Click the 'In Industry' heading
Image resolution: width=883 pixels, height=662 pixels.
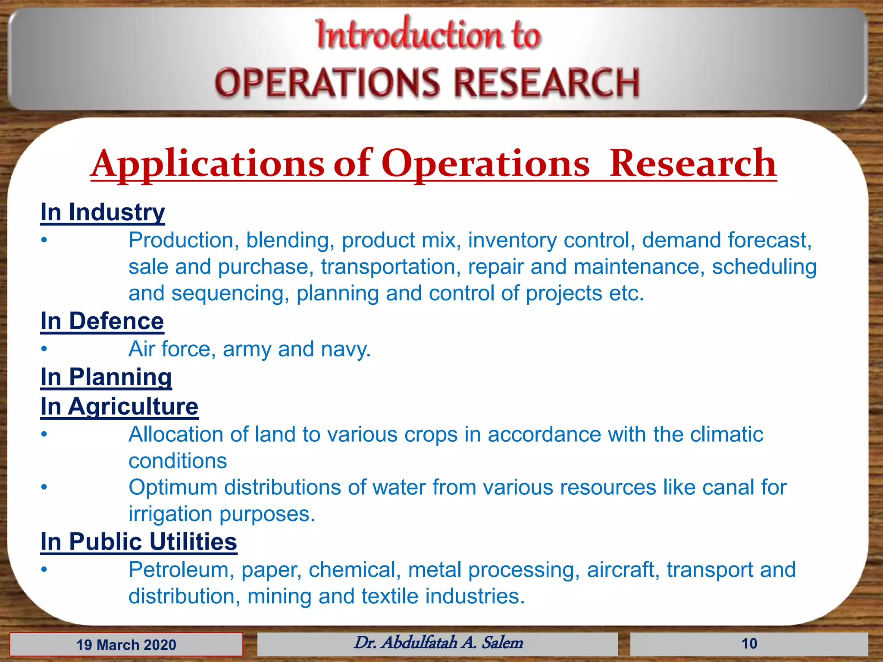tap(103, 212)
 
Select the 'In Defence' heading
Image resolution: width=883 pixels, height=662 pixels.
tap(102, 321)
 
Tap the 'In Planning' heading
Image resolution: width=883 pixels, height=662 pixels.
tap(106, 377)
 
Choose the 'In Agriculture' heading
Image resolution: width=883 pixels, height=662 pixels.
tap(119, 406)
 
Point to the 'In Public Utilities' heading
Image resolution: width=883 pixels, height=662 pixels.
tap(139, 542)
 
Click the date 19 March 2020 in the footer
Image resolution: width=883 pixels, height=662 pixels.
tap(126, 645)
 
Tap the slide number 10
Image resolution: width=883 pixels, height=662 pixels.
tap(749, 644)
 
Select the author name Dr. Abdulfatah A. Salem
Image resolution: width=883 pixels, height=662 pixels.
tap(438, 643)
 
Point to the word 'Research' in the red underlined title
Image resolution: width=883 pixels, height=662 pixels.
tap(692, 163)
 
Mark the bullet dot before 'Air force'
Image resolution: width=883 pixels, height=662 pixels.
tap(44, 349)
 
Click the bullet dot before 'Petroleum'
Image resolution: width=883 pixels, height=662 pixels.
tap(44, 570)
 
